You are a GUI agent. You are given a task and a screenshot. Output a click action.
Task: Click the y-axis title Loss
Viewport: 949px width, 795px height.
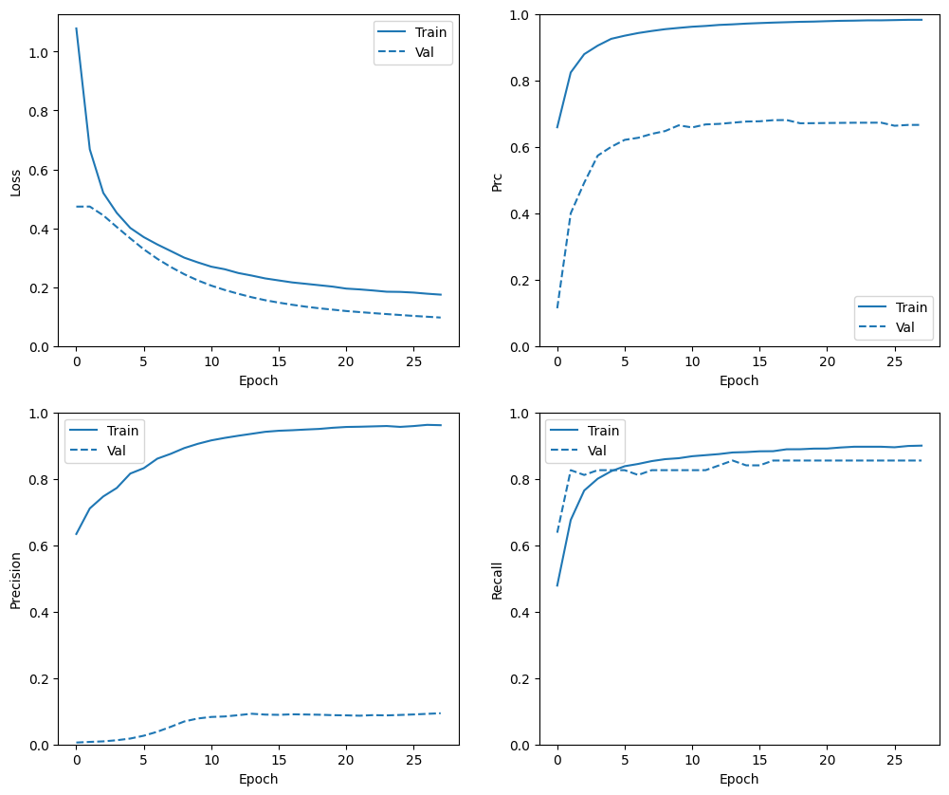coord(16,181)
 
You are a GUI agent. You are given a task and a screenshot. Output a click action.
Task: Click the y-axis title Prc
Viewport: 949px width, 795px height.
coord(496,181)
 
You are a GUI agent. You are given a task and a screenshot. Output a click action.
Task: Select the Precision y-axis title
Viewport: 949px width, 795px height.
coord(16,580)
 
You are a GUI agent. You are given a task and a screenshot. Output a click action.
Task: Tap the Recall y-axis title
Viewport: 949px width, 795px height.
coord(496,580)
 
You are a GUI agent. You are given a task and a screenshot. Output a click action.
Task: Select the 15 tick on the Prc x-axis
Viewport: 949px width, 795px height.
coord(759,361)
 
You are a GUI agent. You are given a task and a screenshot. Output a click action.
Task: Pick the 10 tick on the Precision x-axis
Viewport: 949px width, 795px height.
coord(211,760)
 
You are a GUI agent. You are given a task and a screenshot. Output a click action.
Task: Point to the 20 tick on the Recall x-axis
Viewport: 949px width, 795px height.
coord(827,760)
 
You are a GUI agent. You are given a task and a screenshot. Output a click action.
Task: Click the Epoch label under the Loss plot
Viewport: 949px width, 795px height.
coord(258,380)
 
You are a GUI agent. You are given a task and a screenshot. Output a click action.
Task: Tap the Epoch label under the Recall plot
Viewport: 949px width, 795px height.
coord(739,779)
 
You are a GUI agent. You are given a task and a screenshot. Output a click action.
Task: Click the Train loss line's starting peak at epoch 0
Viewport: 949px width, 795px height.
coord(77,28)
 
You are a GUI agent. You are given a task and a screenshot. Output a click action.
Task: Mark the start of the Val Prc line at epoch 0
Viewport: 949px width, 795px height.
coord(557,306)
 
